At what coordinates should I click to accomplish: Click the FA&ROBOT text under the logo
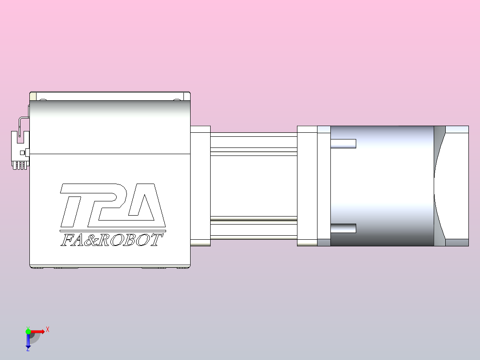111,240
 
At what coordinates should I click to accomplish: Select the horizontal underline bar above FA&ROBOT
111,231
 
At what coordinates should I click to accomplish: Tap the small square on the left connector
28,153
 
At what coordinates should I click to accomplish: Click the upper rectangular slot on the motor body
343,143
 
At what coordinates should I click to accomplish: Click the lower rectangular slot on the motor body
343,228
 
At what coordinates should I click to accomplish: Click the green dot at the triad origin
28,331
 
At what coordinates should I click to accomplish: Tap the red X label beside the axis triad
48,330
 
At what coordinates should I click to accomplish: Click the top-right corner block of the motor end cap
457,129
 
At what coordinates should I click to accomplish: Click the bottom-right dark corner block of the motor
457,242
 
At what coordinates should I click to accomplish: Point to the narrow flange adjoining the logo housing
200,186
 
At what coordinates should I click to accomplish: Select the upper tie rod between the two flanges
253,142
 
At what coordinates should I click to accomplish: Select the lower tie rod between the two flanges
253,229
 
